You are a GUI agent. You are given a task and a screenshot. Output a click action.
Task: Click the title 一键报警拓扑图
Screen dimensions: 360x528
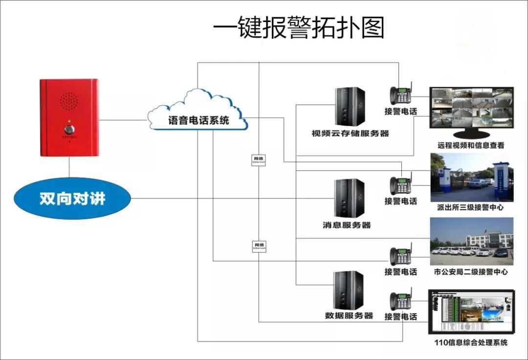299,28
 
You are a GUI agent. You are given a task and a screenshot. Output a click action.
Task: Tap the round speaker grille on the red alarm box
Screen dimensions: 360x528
69,101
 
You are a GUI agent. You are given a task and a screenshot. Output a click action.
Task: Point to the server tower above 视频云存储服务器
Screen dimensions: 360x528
350,106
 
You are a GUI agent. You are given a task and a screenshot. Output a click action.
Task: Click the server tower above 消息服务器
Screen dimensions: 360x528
350,198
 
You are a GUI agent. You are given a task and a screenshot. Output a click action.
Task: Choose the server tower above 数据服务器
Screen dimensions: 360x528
349,290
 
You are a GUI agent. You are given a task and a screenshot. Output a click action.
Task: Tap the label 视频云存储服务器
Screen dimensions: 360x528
350,133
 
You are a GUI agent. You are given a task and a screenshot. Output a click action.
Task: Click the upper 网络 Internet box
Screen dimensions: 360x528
259,160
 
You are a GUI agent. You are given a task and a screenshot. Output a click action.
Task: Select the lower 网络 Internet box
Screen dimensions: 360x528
259,246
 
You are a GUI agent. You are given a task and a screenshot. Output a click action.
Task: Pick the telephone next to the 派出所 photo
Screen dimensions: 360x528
400,184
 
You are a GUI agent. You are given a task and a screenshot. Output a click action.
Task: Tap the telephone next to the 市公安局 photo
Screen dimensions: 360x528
400,255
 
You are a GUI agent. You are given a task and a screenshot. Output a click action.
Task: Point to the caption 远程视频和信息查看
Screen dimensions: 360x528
471,145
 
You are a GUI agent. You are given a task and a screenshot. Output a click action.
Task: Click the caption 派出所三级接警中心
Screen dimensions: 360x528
470,208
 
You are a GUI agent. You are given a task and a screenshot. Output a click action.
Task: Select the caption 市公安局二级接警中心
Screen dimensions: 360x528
470,272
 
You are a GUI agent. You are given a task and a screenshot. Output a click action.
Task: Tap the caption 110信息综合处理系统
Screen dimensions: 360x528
471,342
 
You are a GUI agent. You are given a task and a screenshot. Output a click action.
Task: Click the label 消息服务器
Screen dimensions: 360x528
347,225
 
